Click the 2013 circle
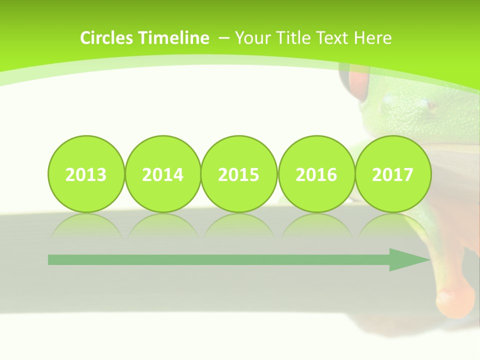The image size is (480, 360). pos(86,174)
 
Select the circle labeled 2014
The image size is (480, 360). pos(163,174)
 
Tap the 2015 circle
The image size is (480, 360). pos(239,174)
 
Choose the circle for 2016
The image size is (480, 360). pos(316,174)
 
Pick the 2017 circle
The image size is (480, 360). pos(393,174)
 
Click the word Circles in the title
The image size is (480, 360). pos(107,38)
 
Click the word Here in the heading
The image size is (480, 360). pos(372,38)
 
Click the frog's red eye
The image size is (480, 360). pos(358,85)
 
